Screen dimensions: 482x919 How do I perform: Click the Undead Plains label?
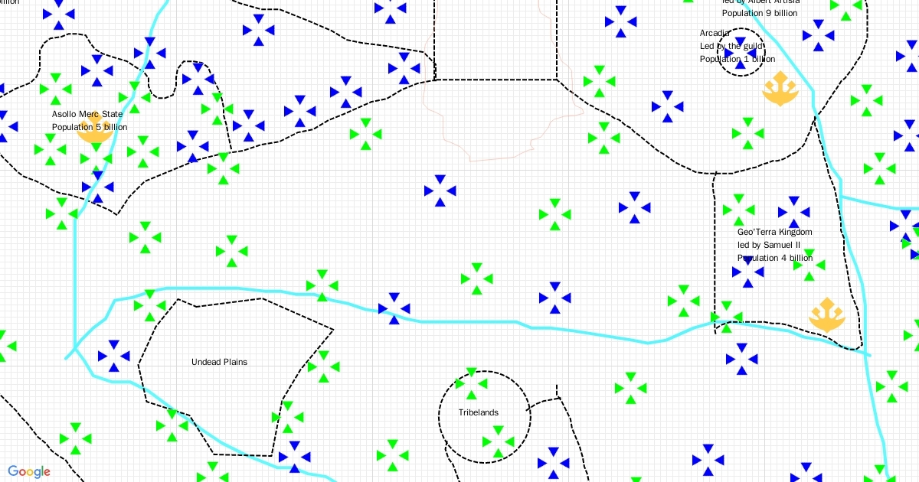[219, 362]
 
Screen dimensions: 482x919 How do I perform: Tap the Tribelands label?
[478, 412]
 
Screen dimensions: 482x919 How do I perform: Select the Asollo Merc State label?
[87, 114]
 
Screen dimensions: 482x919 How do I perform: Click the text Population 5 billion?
[90, 127]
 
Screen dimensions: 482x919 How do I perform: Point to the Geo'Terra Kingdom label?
[774, 232]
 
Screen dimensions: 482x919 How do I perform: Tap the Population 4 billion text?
[774, 258]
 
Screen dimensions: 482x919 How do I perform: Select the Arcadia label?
[715, 33]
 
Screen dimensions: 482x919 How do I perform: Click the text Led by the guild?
[731, 46]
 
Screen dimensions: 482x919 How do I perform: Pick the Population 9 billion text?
[759, 13]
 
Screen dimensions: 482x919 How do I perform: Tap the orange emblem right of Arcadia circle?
[780, 89]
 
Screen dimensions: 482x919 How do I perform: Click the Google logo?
[29, 471]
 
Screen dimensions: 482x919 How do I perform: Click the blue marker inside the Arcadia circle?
[741, 47]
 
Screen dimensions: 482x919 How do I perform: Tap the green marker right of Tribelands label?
[498, 442]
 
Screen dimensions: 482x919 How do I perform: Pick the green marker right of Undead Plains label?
[323, 366]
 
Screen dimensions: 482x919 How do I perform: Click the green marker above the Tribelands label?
[470, 383]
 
